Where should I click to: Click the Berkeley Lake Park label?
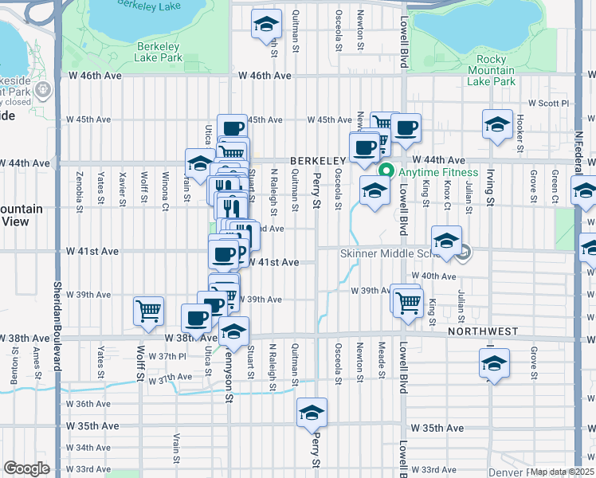[x=158, y=52]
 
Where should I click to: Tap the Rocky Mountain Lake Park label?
[x=491, y=70]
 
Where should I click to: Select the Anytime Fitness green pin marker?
[x=386, y=171]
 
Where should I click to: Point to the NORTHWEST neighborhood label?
[x=483, y=331]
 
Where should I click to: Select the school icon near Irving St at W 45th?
[x=497, y=124]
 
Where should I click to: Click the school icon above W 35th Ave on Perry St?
[x=312, y=413]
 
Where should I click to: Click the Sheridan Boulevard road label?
[x=57, y=319]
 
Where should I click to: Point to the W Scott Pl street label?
[x=550, y=103]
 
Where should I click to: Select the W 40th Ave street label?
[x=437, y=276]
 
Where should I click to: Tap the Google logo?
[x=26, y=468]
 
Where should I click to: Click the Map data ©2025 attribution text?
[x=563, y=472]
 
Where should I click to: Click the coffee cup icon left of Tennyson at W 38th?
[x=196, y=319]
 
